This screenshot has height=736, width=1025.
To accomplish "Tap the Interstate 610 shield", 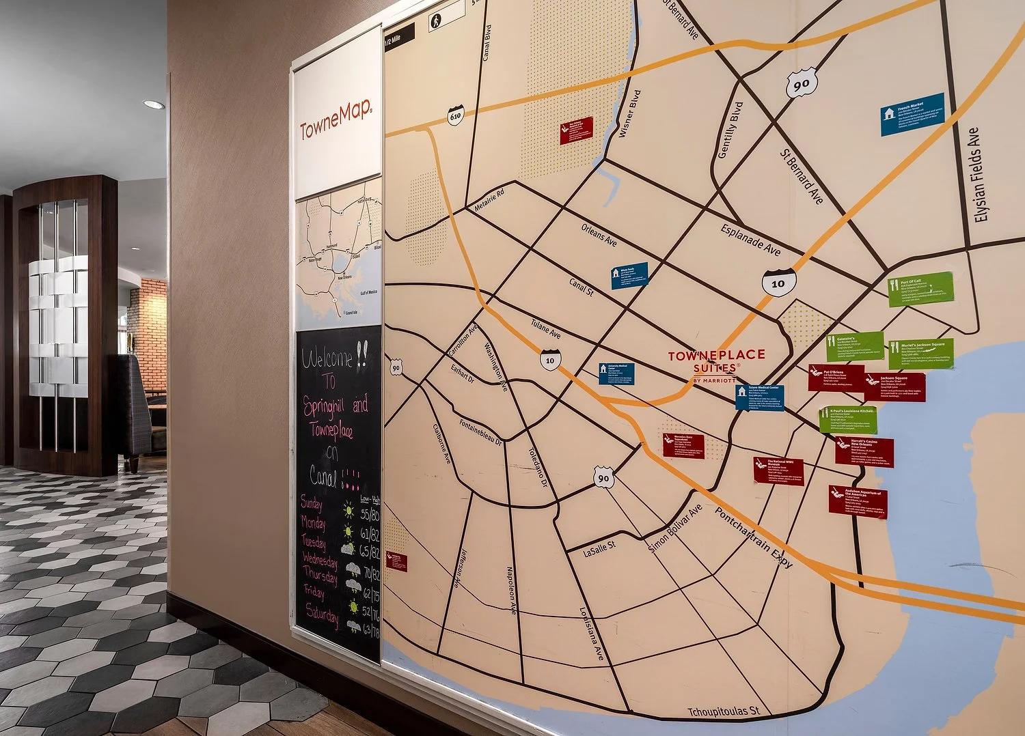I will [x=456, y=115].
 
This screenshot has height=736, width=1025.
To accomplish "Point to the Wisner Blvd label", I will [x=629, y=113].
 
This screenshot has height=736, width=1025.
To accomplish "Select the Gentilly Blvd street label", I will [x=730, y=130].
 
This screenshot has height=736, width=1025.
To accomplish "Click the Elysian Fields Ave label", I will [x=977, y=175].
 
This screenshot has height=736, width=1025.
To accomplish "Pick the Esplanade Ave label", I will [x=750, y=240].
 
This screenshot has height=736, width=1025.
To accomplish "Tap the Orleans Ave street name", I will [x=599, y=235].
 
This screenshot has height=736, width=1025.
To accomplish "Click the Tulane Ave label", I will [x=545, y=328].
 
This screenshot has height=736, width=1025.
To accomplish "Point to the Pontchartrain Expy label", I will [x=754, y=537].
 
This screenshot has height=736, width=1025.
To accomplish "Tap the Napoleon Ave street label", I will [x=511, y=591].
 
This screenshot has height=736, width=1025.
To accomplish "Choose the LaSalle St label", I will [x=599, y=548].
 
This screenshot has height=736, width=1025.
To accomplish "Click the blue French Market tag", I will [x=912, y=114].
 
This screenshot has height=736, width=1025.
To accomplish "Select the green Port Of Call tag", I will [x=920, y=289].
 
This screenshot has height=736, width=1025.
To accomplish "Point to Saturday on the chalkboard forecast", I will [x=322, y=612].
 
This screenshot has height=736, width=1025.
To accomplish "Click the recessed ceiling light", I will [x=154, y=104].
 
